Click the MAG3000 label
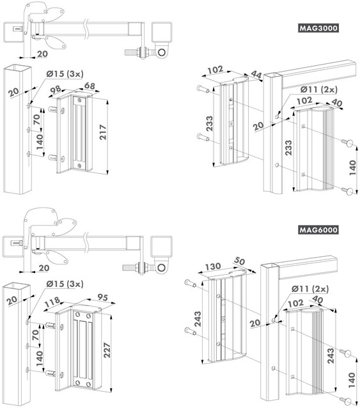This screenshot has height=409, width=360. [318, 28]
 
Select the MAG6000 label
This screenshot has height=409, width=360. [318, 230]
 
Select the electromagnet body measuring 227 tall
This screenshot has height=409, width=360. [83, 348]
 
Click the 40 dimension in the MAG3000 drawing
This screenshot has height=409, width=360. [336, 103]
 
